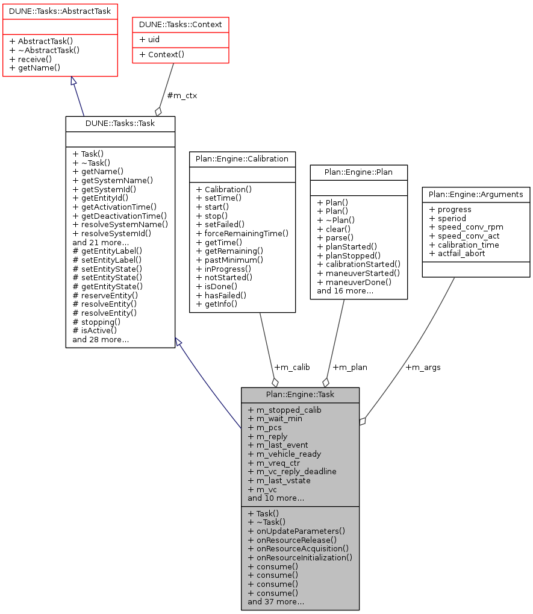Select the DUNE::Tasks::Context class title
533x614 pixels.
(181, 25)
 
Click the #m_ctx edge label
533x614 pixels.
(182, 95)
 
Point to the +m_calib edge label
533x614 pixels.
(291, 367)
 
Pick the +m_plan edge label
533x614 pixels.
(349, 367)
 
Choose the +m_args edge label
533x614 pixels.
(423, 367)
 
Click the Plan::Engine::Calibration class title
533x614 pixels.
(242, 159)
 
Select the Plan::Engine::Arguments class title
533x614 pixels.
(476, 195)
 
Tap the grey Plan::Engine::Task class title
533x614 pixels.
(301, 395)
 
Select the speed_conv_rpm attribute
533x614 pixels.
(457, 227)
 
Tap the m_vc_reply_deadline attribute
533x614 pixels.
(292, 471)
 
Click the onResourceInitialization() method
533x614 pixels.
(299, 557)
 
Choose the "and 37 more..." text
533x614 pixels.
(276, 601)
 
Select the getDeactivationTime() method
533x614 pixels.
(119, 215)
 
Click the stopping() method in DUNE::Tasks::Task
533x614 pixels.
(95, 321)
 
